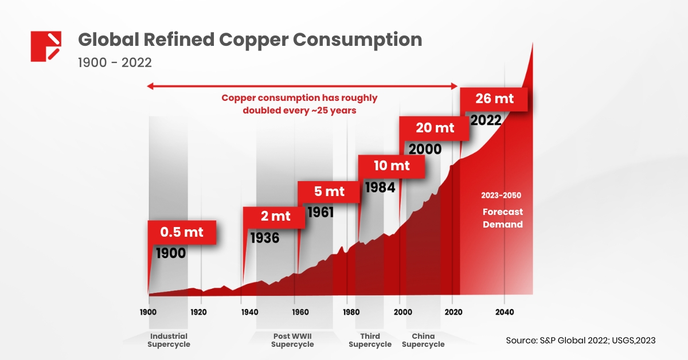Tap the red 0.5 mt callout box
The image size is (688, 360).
182,233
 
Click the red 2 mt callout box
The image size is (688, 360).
275,217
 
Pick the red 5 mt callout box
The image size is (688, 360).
329,191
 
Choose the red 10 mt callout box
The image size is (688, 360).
392,166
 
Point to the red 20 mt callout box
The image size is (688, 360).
435,128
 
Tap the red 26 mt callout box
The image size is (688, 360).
494,99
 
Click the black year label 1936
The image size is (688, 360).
264,237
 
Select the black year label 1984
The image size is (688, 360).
380,187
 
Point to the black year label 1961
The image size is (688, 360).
320,212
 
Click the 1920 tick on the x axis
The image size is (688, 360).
198,312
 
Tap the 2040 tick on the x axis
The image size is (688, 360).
504,312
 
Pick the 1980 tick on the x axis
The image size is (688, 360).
351,312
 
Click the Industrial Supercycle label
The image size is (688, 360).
169,340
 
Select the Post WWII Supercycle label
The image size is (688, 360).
292,340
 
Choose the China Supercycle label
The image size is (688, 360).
423,340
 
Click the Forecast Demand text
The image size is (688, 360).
502,218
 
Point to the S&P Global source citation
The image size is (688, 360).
580,341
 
